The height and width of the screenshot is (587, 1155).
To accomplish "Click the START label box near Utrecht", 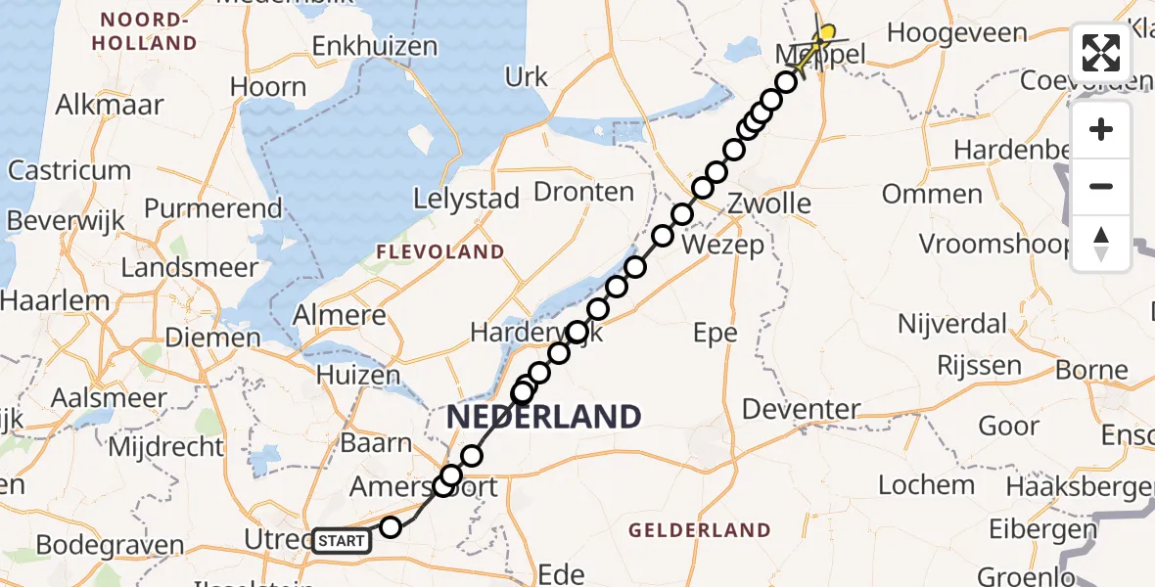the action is click(342, 540).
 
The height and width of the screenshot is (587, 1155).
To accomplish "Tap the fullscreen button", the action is click(1101, 53).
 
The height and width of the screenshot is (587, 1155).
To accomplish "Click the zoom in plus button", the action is click(1101, 129).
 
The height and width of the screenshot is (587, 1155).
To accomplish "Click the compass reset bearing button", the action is click(1101, 243).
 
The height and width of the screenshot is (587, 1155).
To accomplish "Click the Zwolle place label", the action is click(770, 203).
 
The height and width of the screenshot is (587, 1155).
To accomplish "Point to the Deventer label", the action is click(802, 408).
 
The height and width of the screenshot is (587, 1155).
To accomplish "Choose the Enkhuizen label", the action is click(375, 46).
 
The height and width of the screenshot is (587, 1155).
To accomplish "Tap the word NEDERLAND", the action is click(544, 417).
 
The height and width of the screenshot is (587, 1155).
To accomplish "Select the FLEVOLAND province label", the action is click(441, 252).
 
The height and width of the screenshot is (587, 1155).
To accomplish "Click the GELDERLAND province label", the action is click(700, 530).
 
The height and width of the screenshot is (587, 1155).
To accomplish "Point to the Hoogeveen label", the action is click(944, 32).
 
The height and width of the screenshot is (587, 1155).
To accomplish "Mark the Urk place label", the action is click(527, 76).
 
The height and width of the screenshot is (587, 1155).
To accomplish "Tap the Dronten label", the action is click(584, 192).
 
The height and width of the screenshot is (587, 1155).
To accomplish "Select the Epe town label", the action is click(715, 334).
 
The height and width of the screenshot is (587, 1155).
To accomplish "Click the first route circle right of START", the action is click(391, 527).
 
